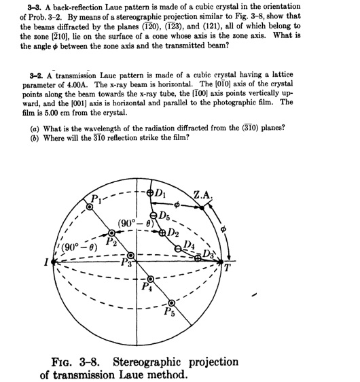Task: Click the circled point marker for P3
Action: (x=141, y=256)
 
